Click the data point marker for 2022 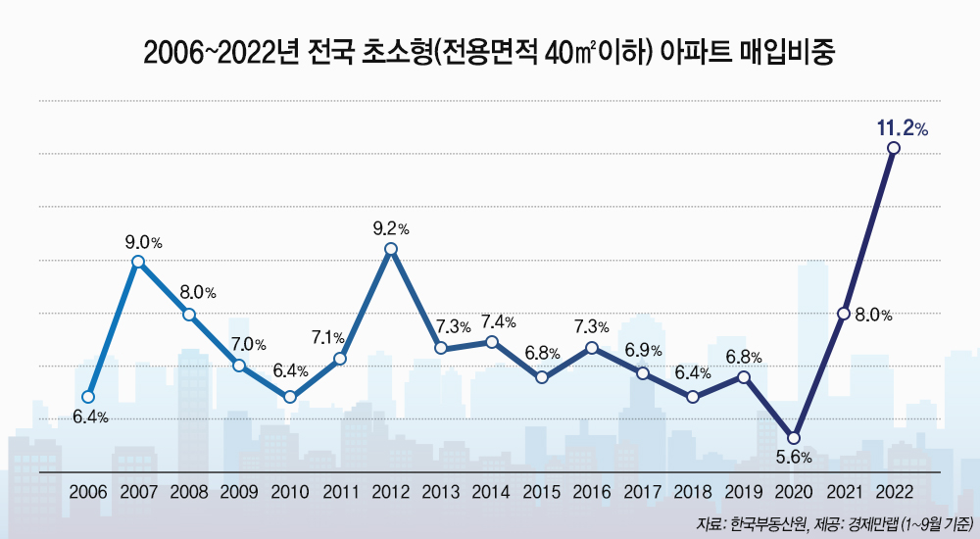click(x=893, y=148)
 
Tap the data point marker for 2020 click(x=794, y=438)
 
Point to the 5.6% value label click(x=794, y=458)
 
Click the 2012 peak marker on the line click(x=391, y=249)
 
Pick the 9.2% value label click(x=391, y=228)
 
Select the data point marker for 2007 click(x=138, y=262)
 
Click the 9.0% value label click(x=143, y=241)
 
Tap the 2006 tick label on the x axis click(x=88, y=491)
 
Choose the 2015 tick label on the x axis click(x=542, y=491)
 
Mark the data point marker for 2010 click(x=290, y=397)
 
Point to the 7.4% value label click(x=499, y=321)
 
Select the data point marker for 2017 click(x=643, y=373)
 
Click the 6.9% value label click(x=643, y=350)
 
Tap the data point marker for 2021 click(x=844, y=314)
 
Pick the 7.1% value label click(x=327, y=338)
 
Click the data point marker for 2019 click(x=744, y=377)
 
